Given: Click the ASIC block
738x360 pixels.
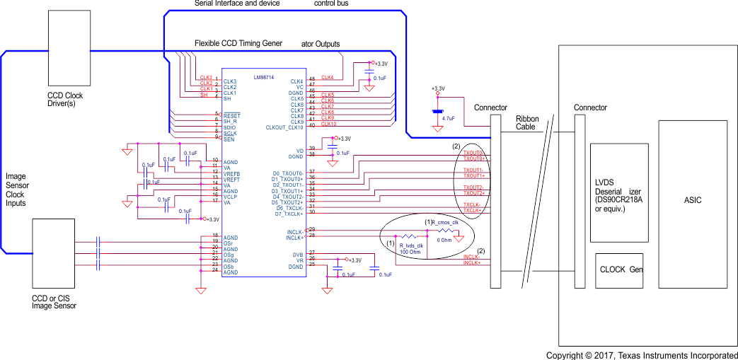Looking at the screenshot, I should point(693,200).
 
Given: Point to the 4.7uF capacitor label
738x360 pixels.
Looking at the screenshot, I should point(448,118).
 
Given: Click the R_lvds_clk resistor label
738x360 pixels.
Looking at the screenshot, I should point(411,245).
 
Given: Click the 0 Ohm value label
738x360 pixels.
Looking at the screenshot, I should point(445,240).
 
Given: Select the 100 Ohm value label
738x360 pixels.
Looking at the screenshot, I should point(411,252).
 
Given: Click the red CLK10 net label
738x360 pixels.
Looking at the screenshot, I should point(328,124).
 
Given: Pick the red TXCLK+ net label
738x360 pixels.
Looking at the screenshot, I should point(473,210).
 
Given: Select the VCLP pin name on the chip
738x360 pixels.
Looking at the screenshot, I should point(231,196).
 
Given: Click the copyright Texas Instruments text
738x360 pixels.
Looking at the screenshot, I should point(642,355).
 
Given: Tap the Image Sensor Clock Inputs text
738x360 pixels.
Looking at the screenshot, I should point(16,190).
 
